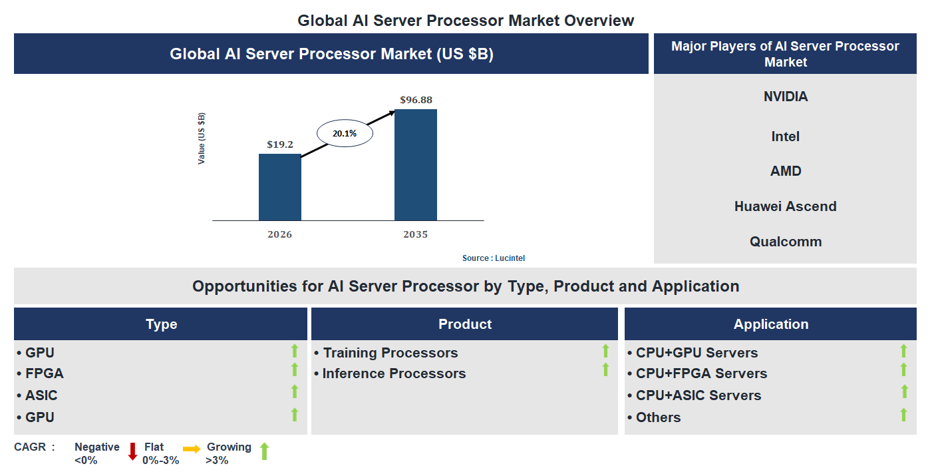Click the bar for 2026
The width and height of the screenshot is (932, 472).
pos(279,187)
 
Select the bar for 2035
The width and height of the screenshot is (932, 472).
pos(416,164)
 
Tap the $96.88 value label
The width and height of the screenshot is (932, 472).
pos(416,100)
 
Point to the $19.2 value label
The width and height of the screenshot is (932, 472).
pos(279,144)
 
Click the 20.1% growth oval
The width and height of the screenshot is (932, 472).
pos(345,133)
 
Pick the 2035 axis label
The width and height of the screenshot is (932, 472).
pos(416,234)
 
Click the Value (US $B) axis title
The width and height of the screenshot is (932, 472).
pos(202,138)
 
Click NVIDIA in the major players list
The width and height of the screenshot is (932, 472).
pos(786,97)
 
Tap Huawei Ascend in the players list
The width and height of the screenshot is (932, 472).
pos(786,206)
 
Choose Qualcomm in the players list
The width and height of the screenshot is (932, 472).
pos(786,242)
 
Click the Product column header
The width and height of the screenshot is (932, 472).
pos(464,324)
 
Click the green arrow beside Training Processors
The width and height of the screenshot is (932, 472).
pos(605,351)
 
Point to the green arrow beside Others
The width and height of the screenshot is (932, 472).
pos(903,415)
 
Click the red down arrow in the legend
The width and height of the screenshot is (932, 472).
pos(132,451)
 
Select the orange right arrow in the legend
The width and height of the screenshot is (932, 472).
pos(192,449)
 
